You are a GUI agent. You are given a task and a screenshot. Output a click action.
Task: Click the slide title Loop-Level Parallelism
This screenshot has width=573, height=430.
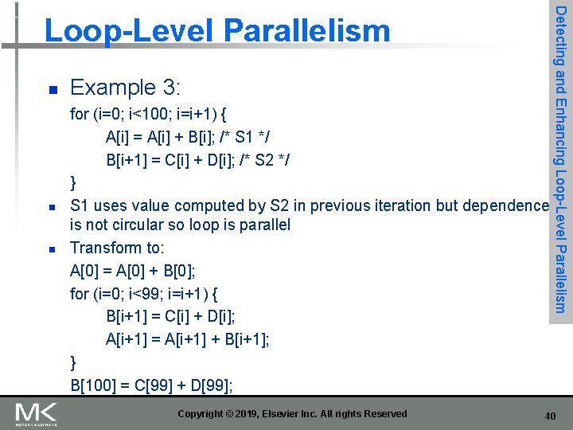tap(217, 31)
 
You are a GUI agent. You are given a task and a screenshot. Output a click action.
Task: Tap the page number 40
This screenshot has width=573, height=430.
tap(550, 416)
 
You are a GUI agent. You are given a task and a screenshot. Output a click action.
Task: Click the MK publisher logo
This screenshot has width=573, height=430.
tap(37, 413)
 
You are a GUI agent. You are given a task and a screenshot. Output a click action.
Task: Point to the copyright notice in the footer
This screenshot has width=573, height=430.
tap(292, 413)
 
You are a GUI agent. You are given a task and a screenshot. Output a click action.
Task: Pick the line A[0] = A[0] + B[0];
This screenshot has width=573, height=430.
tap(140, 271)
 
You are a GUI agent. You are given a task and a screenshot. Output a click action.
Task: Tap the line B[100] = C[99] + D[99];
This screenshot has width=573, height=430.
tap(151, 386)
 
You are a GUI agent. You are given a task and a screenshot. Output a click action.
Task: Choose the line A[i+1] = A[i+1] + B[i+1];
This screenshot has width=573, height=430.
tap(188, 340)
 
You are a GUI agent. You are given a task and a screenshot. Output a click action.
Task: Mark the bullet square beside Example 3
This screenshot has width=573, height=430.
tap(51, 88)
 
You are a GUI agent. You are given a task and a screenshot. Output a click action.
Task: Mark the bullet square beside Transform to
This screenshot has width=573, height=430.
tap(51, 249)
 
